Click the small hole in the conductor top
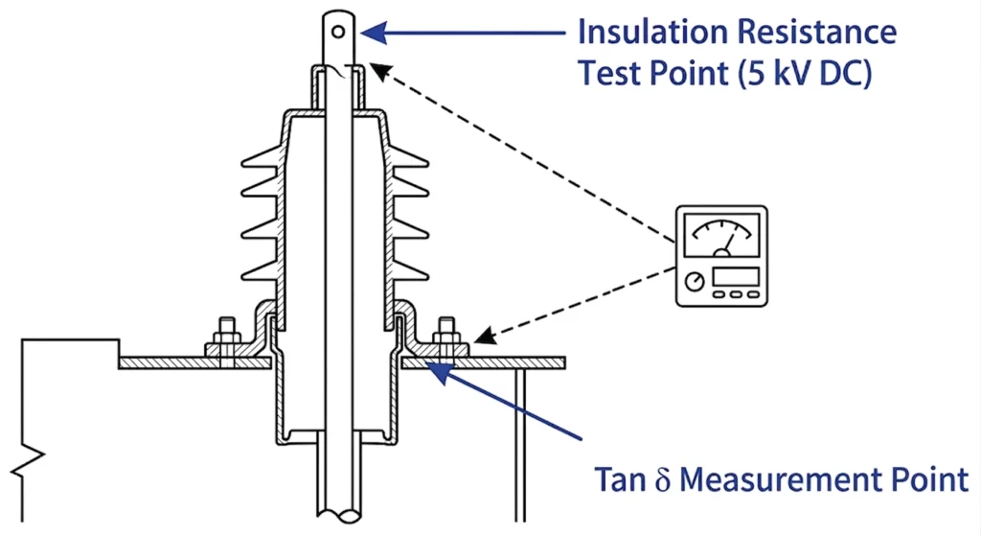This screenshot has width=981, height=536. point(338,32)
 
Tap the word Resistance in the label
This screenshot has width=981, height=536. point(816,32)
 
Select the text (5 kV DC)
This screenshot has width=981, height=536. point(805,74)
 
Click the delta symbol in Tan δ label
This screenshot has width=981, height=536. point(663,480)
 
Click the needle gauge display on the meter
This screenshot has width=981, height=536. point(722,235)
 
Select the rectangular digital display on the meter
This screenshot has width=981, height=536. point(736,276)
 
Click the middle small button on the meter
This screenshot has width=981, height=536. point(736,294)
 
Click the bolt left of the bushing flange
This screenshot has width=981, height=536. point(226,341)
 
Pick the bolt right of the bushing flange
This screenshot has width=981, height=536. point(446,341)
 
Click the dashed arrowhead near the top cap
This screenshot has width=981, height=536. point(379,71)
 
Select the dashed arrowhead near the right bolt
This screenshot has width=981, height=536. point(485,338)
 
